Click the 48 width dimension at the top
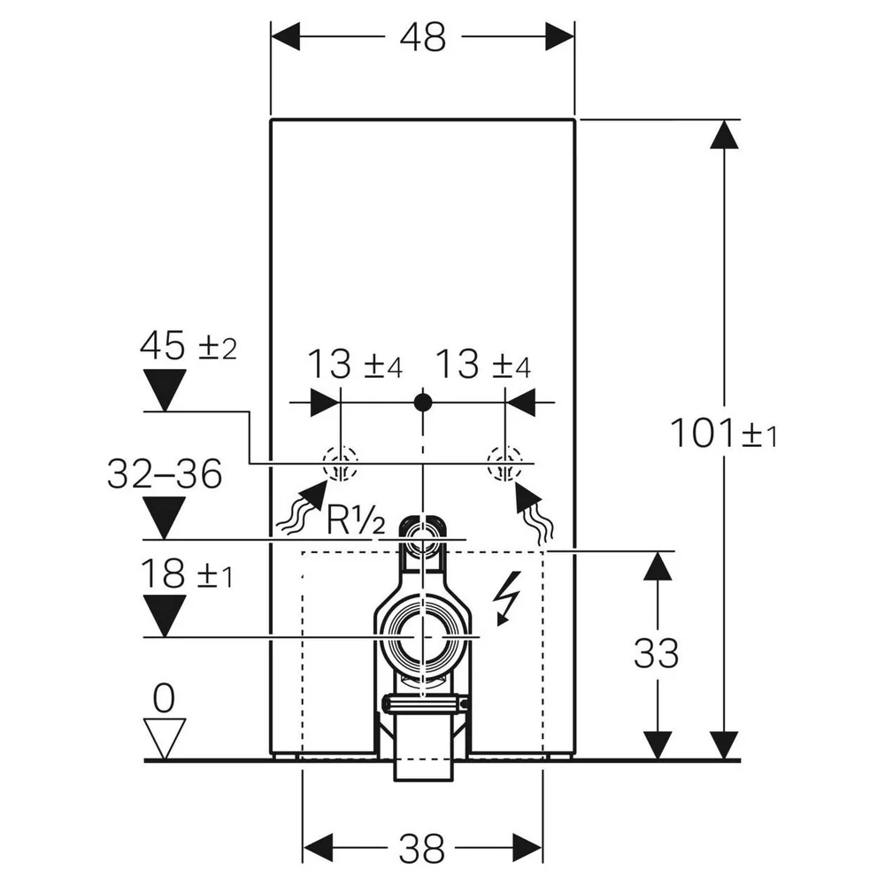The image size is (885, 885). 423,38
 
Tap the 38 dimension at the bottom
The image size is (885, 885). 422,849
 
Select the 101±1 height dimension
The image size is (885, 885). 724,434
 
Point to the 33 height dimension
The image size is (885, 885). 656,654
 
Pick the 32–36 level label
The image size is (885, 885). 165,474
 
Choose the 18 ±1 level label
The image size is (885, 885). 186,573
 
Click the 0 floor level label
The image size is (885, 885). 164,699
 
